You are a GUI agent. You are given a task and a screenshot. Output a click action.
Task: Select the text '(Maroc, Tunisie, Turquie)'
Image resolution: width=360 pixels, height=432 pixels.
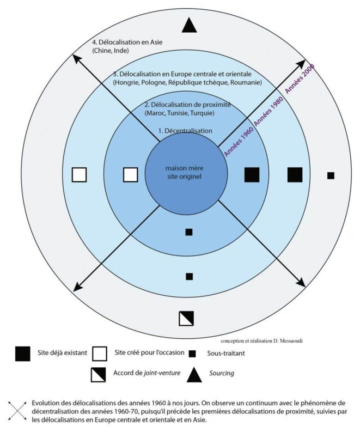pyautogui.click(x=179, y=113)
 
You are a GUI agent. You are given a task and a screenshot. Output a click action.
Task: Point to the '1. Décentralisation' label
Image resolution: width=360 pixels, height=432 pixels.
pyautogui.click(x=185, y=131)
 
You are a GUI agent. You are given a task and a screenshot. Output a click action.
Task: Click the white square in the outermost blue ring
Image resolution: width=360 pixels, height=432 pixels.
pyautogui.click(x=80, y=174)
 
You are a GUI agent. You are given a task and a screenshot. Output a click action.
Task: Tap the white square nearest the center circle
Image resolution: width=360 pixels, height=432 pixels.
pyautogui.click(x=131, y=174)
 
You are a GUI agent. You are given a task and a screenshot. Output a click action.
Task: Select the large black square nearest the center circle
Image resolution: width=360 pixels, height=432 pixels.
pyautogui.click(x=252, y=174)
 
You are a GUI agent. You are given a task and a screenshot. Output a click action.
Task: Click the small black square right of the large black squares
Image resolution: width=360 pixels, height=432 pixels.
pyautogui.click(x=331, y=175)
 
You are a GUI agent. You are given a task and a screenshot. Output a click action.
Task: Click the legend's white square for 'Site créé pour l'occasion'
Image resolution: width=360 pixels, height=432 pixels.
pyautogui.click(x=100, y=354)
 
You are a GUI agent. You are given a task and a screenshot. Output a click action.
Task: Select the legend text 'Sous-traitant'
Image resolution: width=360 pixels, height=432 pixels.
pyautogui.click(x=225, y=354)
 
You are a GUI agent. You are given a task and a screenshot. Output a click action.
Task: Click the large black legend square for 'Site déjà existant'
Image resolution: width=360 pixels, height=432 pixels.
pyautogui.click(x=23, y=354)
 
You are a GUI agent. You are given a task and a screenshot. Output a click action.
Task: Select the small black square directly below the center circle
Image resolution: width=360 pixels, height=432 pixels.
pyautogui.click(x=189, y=232)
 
